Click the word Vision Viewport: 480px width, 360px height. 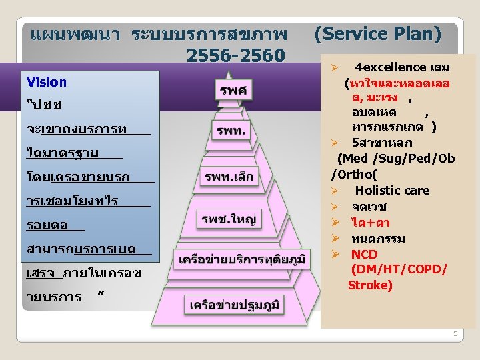click(47, 82)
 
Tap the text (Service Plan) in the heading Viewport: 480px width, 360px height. click(377, 33)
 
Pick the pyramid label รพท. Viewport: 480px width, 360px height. click(231, 131)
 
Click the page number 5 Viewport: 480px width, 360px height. click(455, 333)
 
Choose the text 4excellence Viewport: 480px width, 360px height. click(391, 67)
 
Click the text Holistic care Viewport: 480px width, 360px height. click(392, 191)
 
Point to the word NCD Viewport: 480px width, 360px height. click(365, 254)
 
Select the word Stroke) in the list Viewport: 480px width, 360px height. click(370, 285)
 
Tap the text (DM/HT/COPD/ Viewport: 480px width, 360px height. click(399, 269)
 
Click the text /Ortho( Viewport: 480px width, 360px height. click(354, 175)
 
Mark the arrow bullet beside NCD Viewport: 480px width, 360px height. click(337, 254)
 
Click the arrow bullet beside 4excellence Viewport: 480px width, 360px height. click(337, 68)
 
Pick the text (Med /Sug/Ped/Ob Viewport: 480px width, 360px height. click(396, 159)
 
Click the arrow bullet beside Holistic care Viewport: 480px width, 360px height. click(337, 191)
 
